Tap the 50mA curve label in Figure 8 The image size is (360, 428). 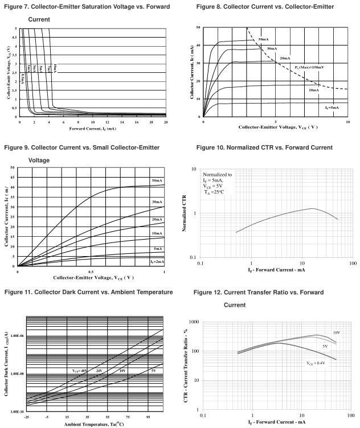pyautogui.click(x=264, y=39)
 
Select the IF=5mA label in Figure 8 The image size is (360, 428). pyautogui.click(x=332, y=107)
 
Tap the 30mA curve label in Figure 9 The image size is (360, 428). pyautogui.click(x=157, y=202)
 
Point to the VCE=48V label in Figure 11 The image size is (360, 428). pyautogui.click(x=80, y=371)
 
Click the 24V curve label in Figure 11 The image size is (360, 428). pyautogui.click(x=99, y=371)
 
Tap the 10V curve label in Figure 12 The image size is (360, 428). pyautogui.click(x=337, y=332)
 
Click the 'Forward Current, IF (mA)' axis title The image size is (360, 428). pyautogui.click(x=93, y=128)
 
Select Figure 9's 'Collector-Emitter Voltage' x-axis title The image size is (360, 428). pyautogui.click(x=93, y=278)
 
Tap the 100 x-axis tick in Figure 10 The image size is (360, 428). pyautogui.click(x=352, y=264)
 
